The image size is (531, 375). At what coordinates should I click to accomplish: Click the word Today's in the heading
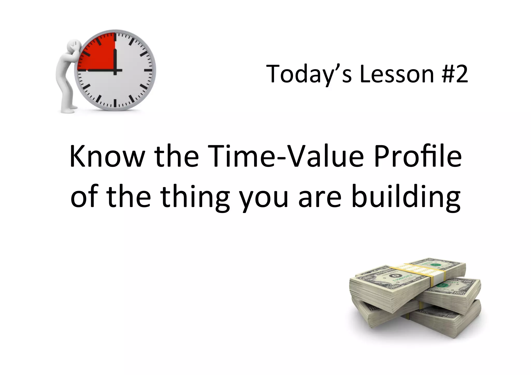click(309, 74)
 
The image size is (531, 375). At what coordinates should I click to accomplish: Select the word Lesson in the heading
click(397, 74)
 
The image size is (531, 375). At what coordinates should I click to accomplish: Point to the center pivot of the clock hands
click(115, 70)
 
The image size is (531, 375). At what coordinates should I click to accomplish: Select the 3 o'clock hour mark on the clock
click(148, 70)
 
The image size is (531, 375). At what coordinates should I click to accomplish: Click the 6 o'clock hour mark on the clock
click(115, 103)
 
